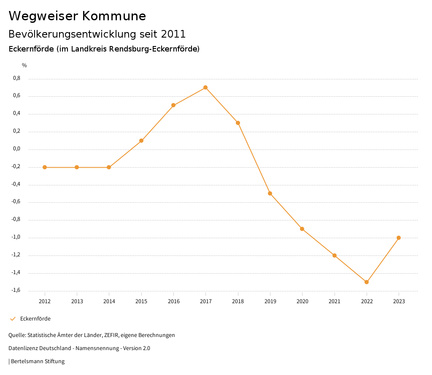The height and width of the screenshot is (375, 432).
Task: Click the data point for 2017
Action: click(205, 87)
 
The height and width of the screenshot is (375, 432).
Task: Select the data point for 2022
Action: click(367, 282)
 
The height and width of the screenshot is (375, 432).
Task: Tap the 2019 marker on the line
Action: click(270, 193)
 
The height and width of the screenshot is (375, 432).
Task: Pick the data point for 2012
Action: click(45, 167)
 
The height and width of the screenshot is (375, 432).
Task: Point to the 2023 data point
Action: click(399, 238)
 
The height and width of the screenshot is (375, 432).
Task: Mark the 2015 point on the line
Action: click(141, 141)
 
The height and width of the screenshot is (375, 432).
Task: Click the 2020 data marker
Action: click(302, 229)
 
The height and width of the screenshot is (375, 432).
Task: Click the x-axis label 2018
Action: click(238, 302)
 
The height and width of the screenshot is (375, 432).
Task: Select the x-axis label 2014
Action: click(109, 302)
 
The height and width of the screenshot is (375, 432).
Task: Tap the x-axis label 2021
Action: click(335, 302)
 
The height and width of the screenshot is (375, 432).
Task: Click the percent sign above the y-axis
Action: click(24, 65)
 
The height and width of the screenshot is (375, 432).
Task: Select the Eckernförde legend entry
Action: click(35, 319)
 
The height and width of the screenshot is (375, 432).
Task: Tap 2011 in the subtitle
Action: click(173, 34)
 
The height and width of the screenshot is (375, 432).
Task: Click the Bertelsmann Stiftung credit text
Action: click(38, 361)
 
